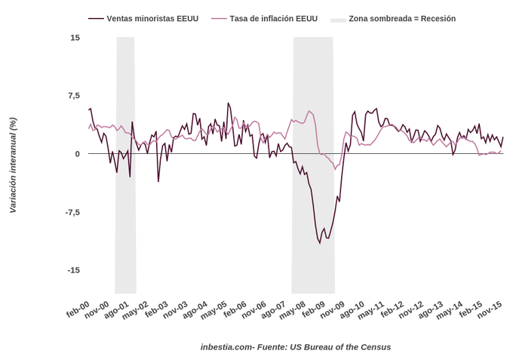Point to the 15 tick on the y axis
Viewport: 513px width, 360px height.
coord(75,38)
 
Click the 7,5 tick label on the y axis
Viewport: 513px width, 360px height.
coord(73,96)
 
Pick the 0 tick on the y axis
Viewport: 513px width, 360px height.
coord(77,154)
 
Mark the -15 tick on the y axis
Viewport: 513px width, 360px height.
coord(73,270)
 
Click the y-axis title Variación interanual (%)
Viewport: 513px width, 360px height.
coord(12,165)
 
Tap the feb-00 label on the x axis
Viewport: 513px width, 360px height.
coord(78,309)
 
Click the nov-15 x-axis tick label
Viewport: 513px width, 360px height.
coord(490,309)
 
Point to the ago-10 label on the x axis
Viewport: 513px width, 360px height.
coord(353,309)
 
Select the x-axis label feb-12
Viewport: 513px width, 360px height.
coord(392,309)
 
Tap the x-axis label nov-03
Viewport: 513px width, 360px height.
coord(176,309)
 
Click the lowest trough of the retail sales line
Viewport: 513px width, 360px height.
coord(319,243)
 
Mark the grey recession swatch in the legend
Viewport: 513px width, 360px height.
coord(337,19)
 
